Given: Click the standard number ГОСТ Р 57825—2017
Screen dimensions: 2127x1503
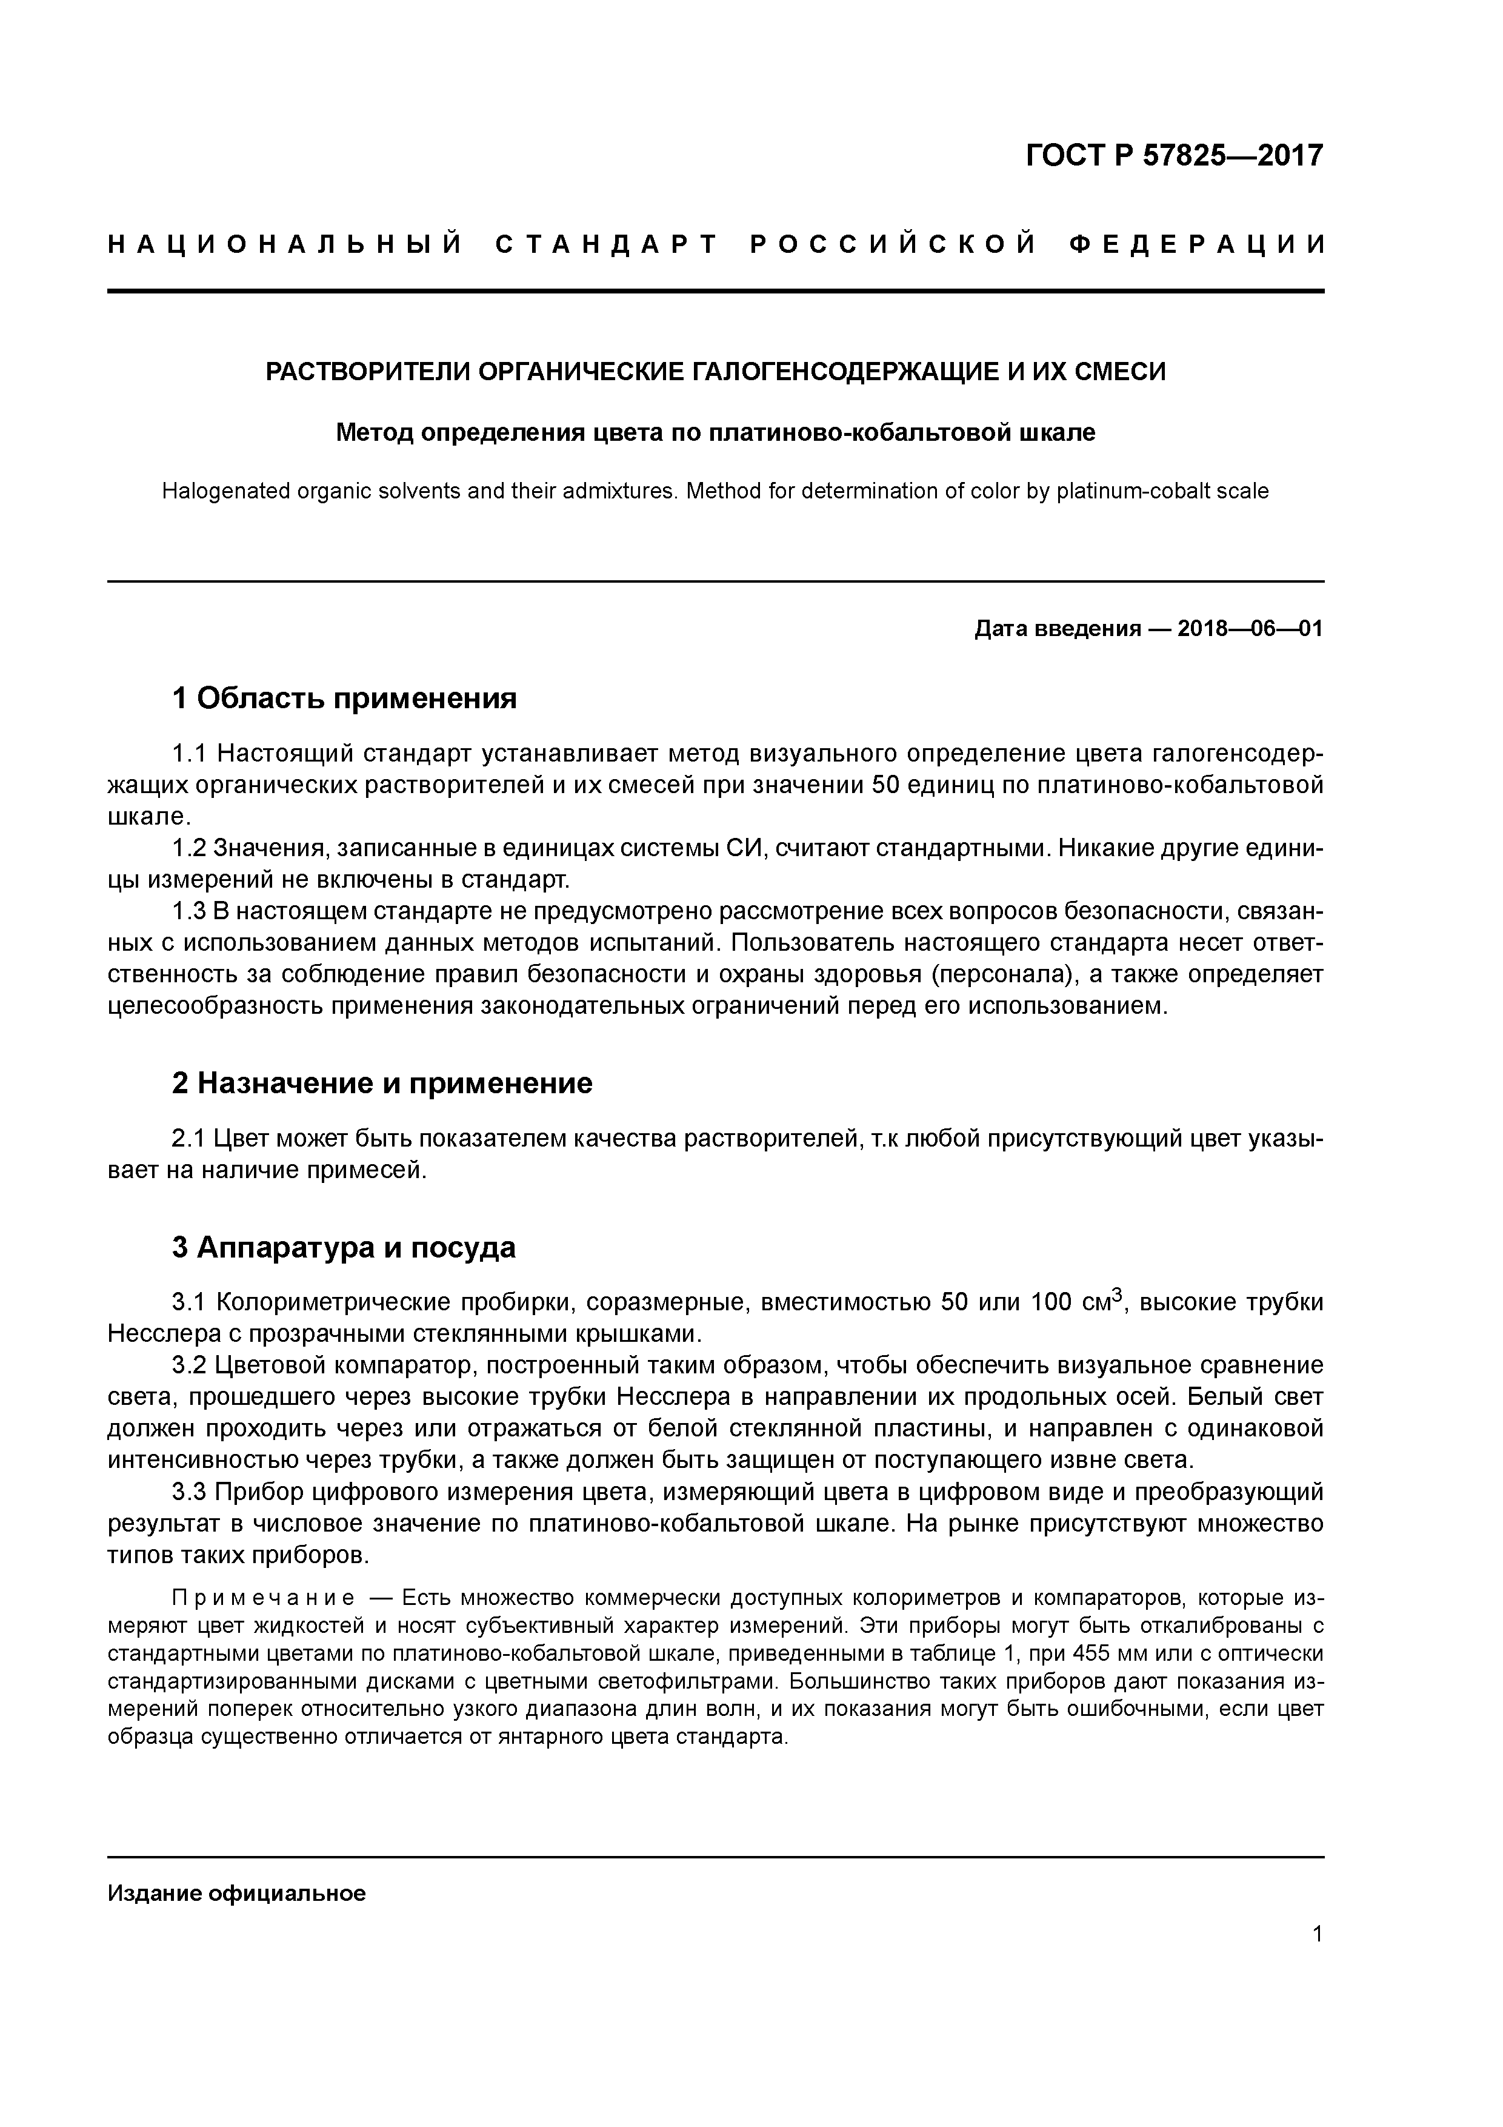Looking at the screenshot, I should (x=1175, y=156).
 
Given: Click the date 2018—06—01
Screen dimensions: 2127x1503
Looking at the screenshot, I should (x=1250, y=629).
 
